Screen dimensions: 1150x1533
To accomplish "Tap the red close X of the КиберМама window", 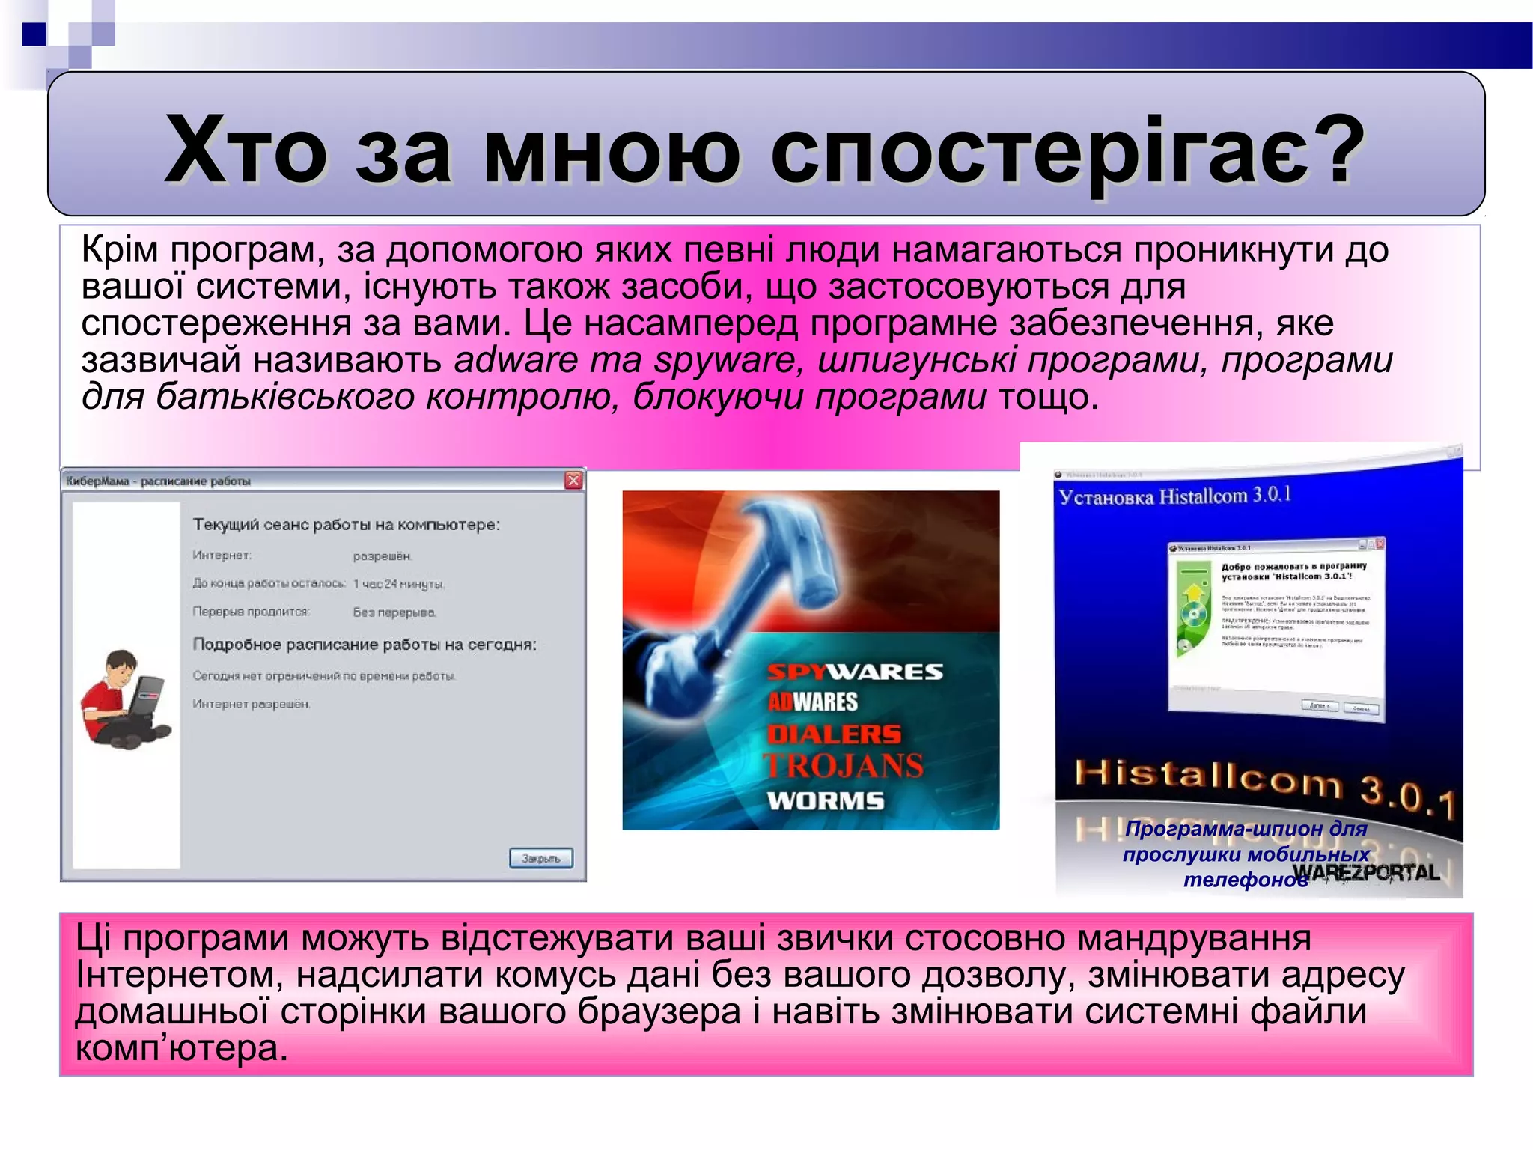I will coord(573,481).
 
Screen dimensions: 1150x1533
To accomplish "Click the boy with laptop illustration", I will coord(124,699).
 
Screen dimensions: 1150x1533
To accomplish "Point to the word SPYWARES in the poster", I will coord(855,672).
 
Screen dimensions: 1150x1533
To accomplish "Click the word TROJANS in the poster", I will coord(843,766).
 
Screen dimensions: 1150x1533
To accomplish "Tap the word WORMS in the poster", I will coord(826,801).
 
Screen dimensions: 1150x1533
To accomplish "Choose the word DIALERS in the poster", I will coord(834,734).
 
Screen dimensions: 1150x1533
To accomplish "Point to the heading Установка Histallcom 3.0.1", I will coord(1174,496).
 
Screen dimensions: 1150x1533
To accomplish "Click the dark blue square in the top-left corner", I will coord(34,34).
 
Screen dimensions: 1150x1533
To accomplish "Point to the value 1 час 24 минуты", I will coord(398,584).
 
